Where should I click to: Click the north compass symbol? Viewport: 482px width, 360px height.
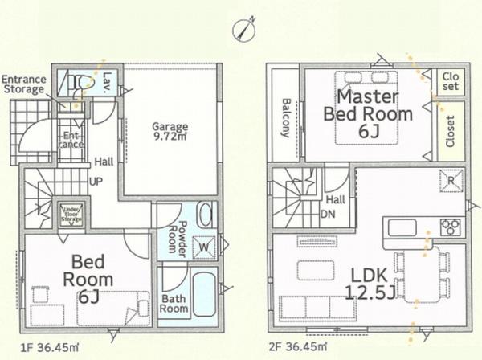[x=244, y=30]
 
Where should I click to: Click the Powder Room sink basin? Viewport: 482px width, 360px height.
[x=206, y=216]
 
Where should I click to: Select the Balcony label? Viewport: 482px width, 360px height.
[x=286, y=118]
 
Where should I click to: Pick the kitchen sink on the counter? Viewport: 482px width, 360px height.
[x=402, y=227]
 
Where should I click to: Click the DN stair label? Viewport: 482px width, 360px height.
[x=329, y=215]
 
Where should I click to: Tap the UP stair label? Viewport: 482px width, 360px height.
[x=96, y=182]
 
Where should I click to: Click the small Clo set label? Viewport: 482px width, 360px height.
[x=451, y=81]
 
